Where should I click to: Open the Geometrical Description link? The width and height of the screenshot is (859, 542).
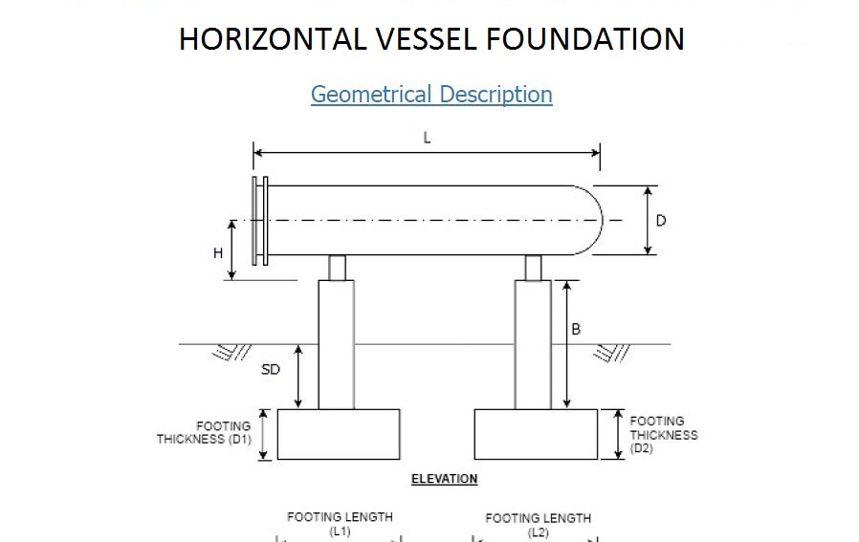(x=431, y=95)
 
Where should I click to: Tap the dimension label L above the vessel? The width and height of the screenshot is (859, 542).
(x=427, y=138)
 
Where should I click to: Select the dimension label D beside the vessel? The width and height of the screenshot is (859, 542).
(x=661, y=221)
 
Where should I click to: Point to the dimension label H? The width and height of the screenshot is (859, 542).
(x=218, y=253)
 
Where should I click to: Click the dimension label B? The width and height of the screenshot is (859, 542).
(x=576, y=330)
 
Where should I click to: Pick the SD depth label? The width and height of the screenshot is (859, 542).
(x=271, y=369)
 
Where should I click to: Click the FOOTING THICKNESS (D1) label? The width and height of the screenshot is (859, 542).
(x=204, y=433)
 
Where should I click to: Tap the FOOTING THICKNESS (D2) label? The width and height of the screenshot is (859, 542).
(x=663, y=434)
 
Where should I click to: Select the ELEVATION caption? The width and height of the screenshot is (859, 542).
(x=444, y=479)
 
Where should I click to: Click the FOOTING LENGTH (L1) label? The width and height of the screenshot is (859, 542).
(x=340, y=523)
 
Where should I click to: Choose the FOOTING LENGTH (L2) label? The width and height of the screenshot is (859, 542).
(x=538, y=524)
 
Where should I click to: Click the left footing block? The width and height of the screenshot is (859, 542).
(x=338, y=434)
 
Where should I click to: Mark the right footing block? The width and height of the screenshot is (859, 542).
(x=536, y=434)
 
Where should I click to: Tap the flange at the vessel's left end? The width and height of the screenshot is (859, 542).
(x=259, y=221)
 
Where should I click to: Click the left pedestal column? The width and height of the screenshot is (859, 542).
(x=336, y=344)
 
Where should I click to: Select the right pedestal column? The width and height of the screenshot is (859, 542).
(x=533, y=344)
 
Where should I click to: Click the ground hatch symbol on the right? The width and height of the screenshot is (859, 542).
(x=611, y=354)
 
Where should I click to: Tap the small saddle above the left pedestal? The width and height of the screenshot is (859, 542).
(x=337, y=268)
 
